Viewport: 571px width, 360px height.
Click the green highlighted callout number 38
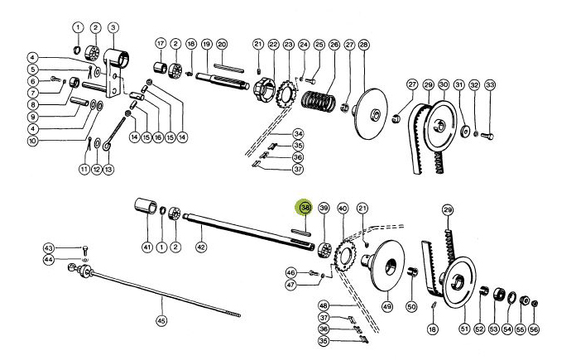pyautogui.click(x=305, y=208)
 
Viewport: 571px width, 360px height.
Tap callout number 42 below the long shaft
pyautogui.click(x=200, y=247)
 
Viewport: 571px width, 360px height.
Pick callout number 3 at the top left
pyautogui.click(x=113, y=27)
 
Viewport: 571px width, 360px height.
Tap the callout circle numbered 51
pyautogui.click(x=464, y=329)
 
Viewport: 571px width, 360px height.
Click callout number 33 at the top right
pyautogui.click(x=490, y=84)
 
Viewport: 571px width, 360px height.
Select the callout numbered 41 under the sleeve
pyautogui.click(x=146, y=247)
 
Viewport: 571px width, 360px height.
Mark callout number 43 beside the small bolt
pyautogui.click(x=49, y=248)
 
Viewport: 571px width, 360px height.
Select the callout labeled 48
pyautogui.click(x=324, y=305)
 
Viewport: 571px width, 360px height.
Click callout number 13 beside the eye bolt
pyautogui.click(x=107, y=169)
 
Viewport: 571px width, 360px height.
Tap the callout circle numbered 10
pyautogui.click(x=32, y=141)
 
